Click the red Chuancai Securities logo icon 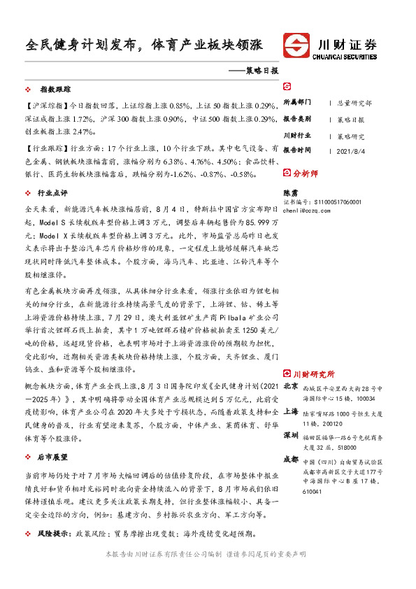point(297,46)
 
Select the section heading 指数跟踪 point(56,90)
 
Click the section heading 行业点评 point(54,192)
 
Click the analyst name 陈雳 point(289,192)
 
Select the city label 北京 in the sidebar point(290,386)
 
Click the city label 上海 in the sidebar point(290,411)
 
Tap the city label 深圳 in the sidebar point(290,435)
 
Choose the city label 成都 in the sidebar point(290,460)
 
